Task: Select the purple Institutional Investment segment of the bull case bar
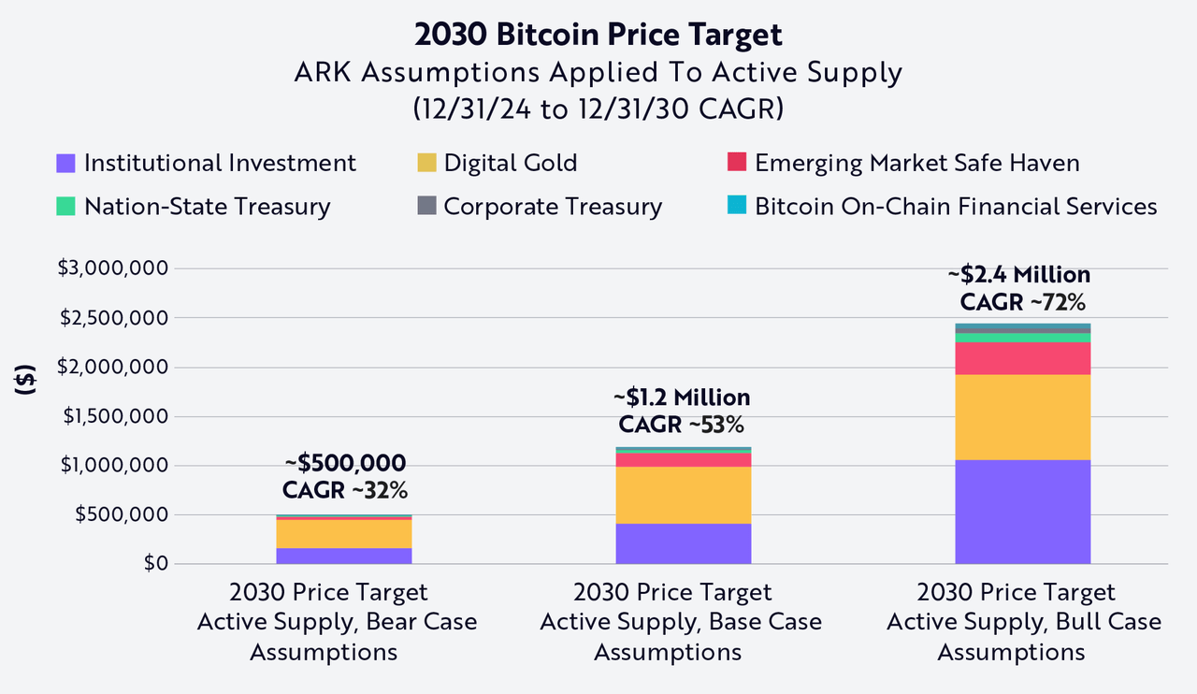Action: click(1022, 512)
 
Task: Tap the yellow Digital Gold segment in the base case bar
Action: click(684, 495)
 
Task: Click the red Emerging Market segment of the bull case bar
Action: click(1022, 358)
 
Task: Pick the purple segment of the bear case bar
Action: click(344, 556)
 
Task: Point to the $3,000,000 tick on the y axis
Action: click(114, 268)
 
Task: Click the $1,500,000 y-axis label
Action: click(114, 416)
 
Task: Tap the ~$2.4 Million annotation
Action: click(1018, 275)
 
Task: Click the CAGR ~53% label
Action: click(681, 425)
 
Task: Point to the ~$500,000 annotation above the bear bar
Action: click(345, 463)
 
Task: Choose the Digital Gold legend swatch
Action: click(426, 164)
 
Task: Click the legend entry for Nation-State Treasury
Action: click(207, 207)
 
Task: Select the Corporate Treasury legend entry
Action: click(553, 207)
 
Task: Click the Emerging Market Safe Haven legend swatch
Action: click(737, 164)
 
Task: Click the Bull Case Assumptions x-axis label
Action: click(1024, 622)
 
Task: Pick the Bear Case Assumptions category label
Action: click(337, 622)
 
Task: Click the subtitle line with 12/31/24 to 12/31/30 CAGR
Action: click(598, 108)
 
